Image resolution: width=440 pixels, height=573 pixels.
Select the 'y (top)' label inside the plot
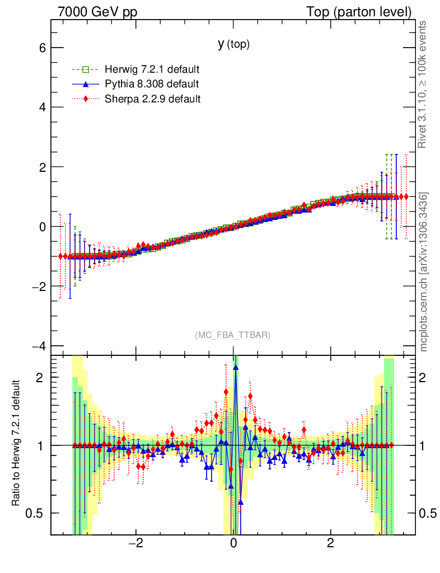click(x=233, y=44)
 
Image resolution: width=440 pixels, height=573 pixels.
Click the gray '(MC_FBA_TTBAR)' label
click(x=233, y=335)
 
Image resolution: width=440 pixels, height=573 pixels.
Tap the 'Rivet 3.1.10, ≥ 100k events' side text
click(x=424, y=85)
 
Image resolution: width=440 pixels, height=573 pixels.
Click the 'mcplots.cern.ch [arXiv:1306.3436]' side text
click(x=424, y=272)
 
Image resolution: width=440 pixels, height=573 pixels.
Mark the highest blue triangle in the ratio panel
click(x=236, y=367)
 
